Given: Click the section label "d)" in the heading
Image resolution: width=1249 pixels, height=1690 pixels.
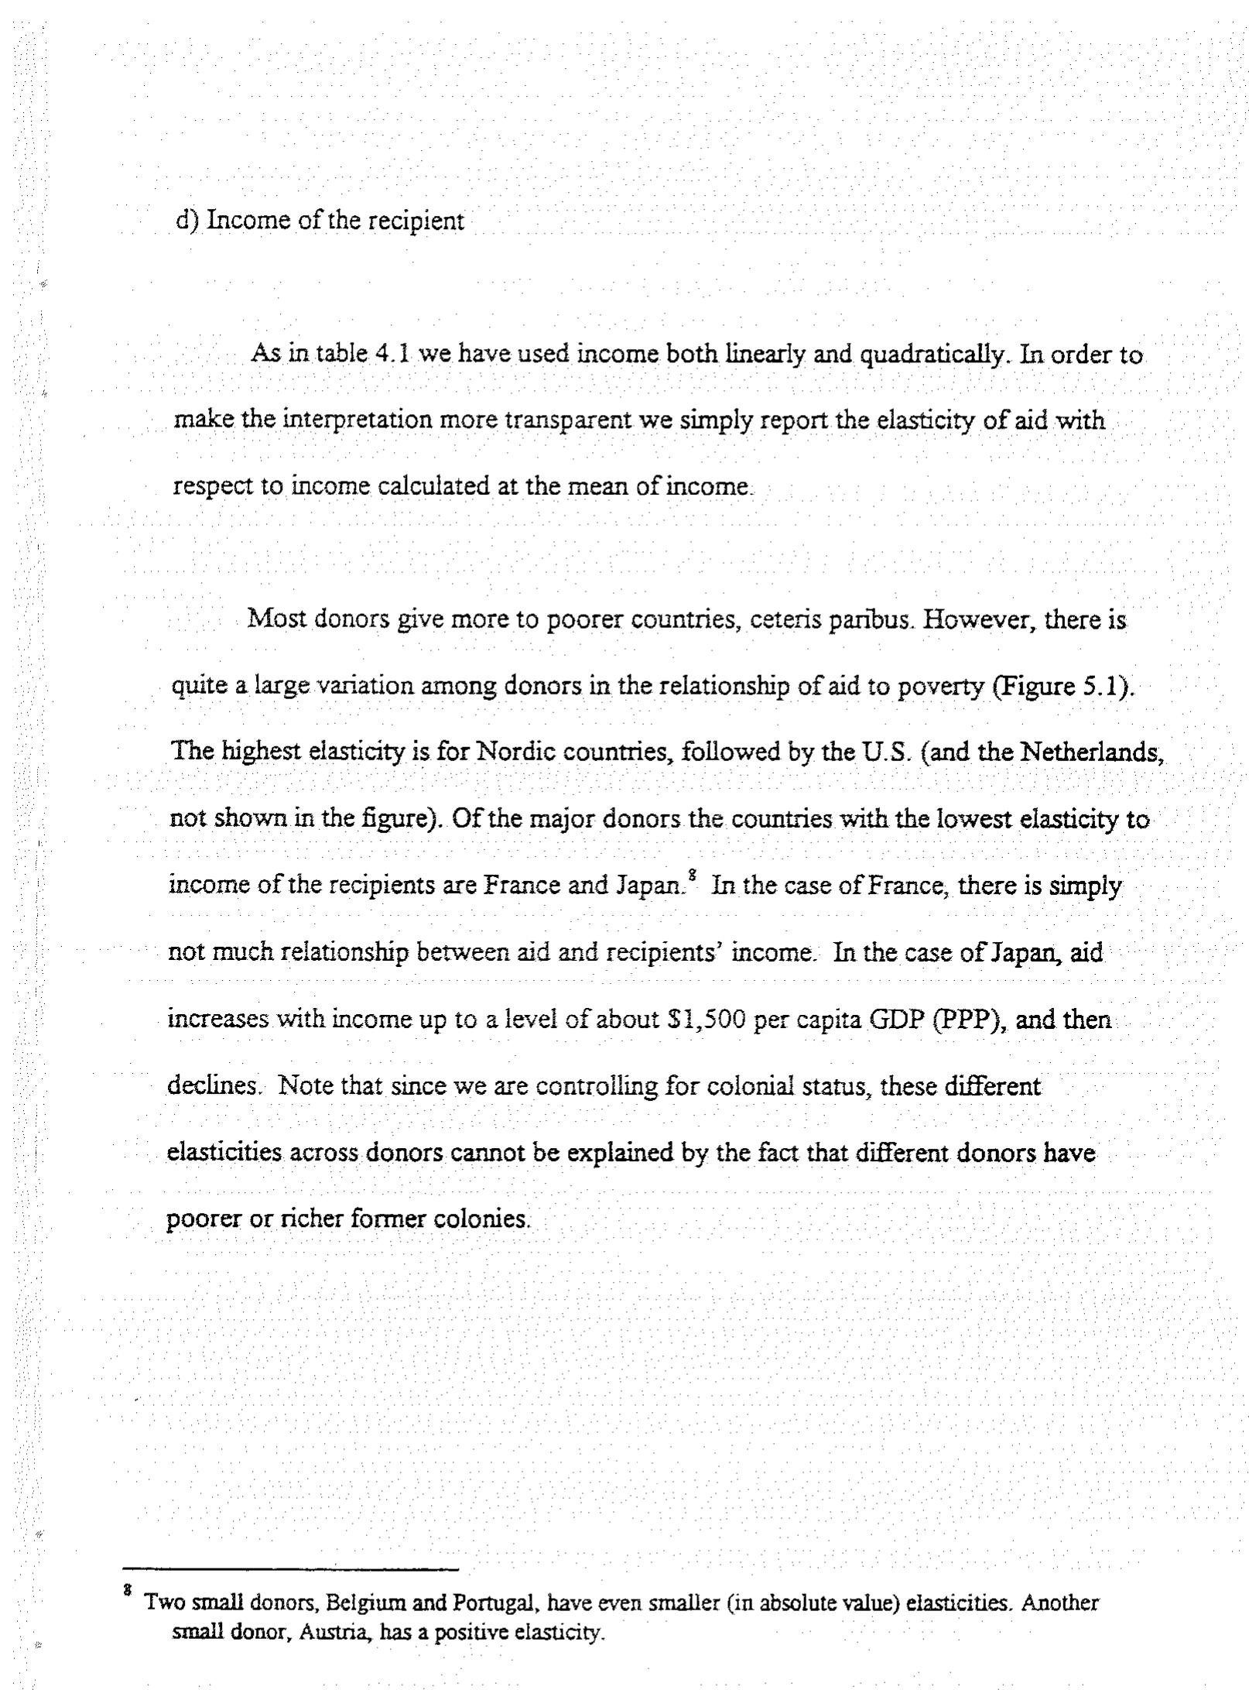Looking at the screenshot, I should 187,221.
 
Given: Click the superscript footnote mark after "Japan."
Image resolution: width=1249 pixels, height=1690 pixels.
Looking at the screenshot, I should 692,876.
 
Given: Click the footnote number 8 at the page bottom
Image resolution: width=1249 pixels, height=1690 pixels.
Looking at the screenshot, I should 127,1592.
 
